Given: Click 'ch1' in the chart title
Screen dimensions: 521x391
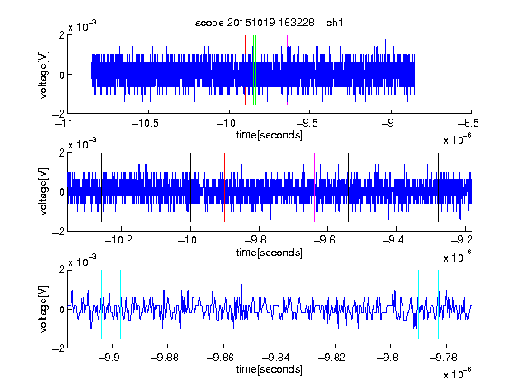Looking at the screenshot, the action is (x=335, y=23).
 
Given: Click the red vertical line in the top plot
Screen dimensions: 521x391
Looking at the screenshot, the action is (x=245, y=71).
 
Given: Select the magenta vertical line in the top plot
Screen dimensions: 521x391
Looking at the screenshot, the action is (x=287, y=71).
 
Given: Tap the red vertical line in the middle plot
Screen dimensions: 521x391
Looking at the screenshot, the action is (x=224, y=187).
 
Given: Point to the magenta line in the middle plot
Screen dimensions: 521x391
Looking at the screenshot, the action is (x=315, y=187).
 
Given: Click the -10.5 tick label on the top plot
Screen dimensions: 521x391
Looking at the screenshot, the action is (x=146, y=123).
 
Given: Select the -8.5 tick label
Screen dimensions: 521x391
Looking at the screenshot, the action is (x=469, y=123).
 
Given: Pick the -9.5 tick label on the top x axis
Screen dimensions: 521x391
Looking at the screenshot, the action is (x=307, y=123).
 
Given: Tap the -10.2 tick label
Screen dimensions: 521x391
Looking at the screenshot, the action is (x=118, y=239).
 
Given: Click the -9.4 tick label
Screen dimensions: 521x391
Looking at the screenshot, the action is (x=393, y=239).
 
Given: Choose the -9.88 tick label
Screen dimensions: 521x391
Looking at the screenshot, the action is (x=165, y=358).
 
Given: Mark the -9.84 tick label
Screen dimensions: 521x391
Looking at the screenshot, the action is (x=276, y=358).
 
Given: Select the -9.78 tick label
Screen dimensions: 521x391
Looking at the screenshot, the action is (x=443, y=358).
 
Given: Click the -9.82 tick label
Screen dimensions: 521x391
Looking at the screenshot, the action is (x=332, y=358).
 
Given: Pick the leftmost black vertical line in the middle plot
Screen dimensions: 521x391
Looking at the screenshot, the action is (x=101, y=187).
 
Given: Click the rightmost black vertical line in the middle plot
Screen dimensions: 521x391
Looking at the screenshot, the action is (x=438, y=187).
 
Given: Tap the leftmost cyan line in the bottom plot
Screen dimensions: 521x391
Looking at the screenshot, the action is (x=101, y=304).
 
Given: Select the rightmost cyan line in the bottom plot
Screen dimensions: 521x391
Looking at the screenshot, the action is (x=438, y=304).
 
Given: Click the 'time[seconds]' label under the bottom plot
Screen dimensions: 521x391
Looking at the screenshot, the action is (x=270, y=369).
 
